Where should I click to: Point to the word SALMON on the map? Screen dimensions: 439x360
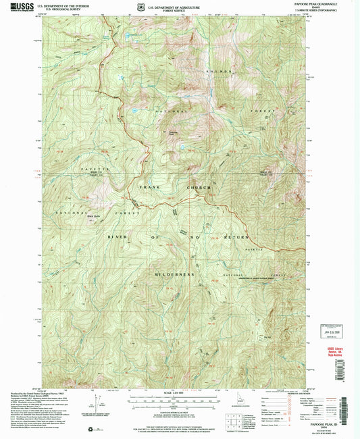[x=227, y=70]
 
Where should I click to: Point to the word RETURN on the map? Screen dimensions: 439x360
[x=238, y=238]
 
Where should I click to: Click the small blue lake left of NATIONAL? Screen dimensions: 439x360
[x=135, y=110]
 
